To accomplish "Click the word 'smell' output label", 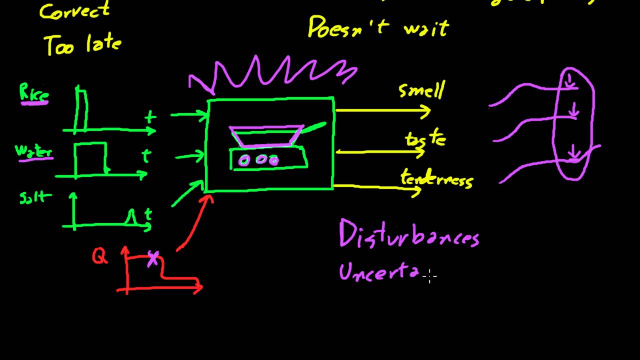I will coord(421,90).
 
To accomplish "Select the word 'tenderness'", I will coord(436,178).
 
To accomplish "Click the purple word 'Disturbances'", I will coord(409,233).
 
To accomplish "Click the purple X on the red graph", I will coord(153,259).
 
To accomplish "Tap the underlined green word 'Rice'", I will coord(33,93).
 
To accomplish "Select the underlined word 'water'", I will coord(33,150).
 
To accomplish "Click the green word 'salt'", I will coord(35,198).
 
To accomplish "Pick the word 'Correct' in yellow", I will coord(74,11).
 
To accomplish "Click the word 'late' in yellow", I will coord(103,44).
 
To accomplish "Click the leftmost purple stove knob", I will coord(244,160).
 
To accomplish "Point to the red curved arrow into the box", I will coord(192,224).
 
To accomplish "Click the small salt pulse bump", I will coord(132,217).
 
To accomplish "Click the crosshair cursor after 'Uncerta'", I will coord(429,275).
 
